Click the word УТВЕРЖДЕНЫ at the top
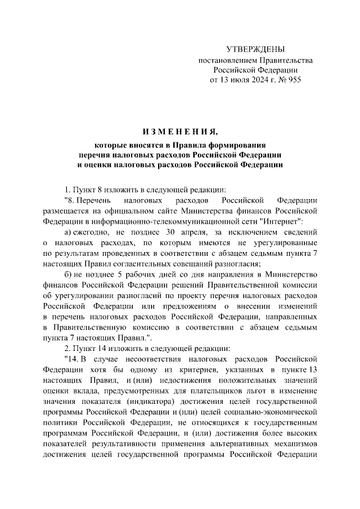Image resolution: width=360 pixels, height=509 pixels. tap(255, 49)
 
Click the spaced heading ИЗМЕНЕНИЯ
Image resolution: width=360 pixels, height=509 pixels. tap(180, 133)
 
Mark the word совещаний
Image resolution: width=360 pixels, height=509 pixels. tap(211, 263)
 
